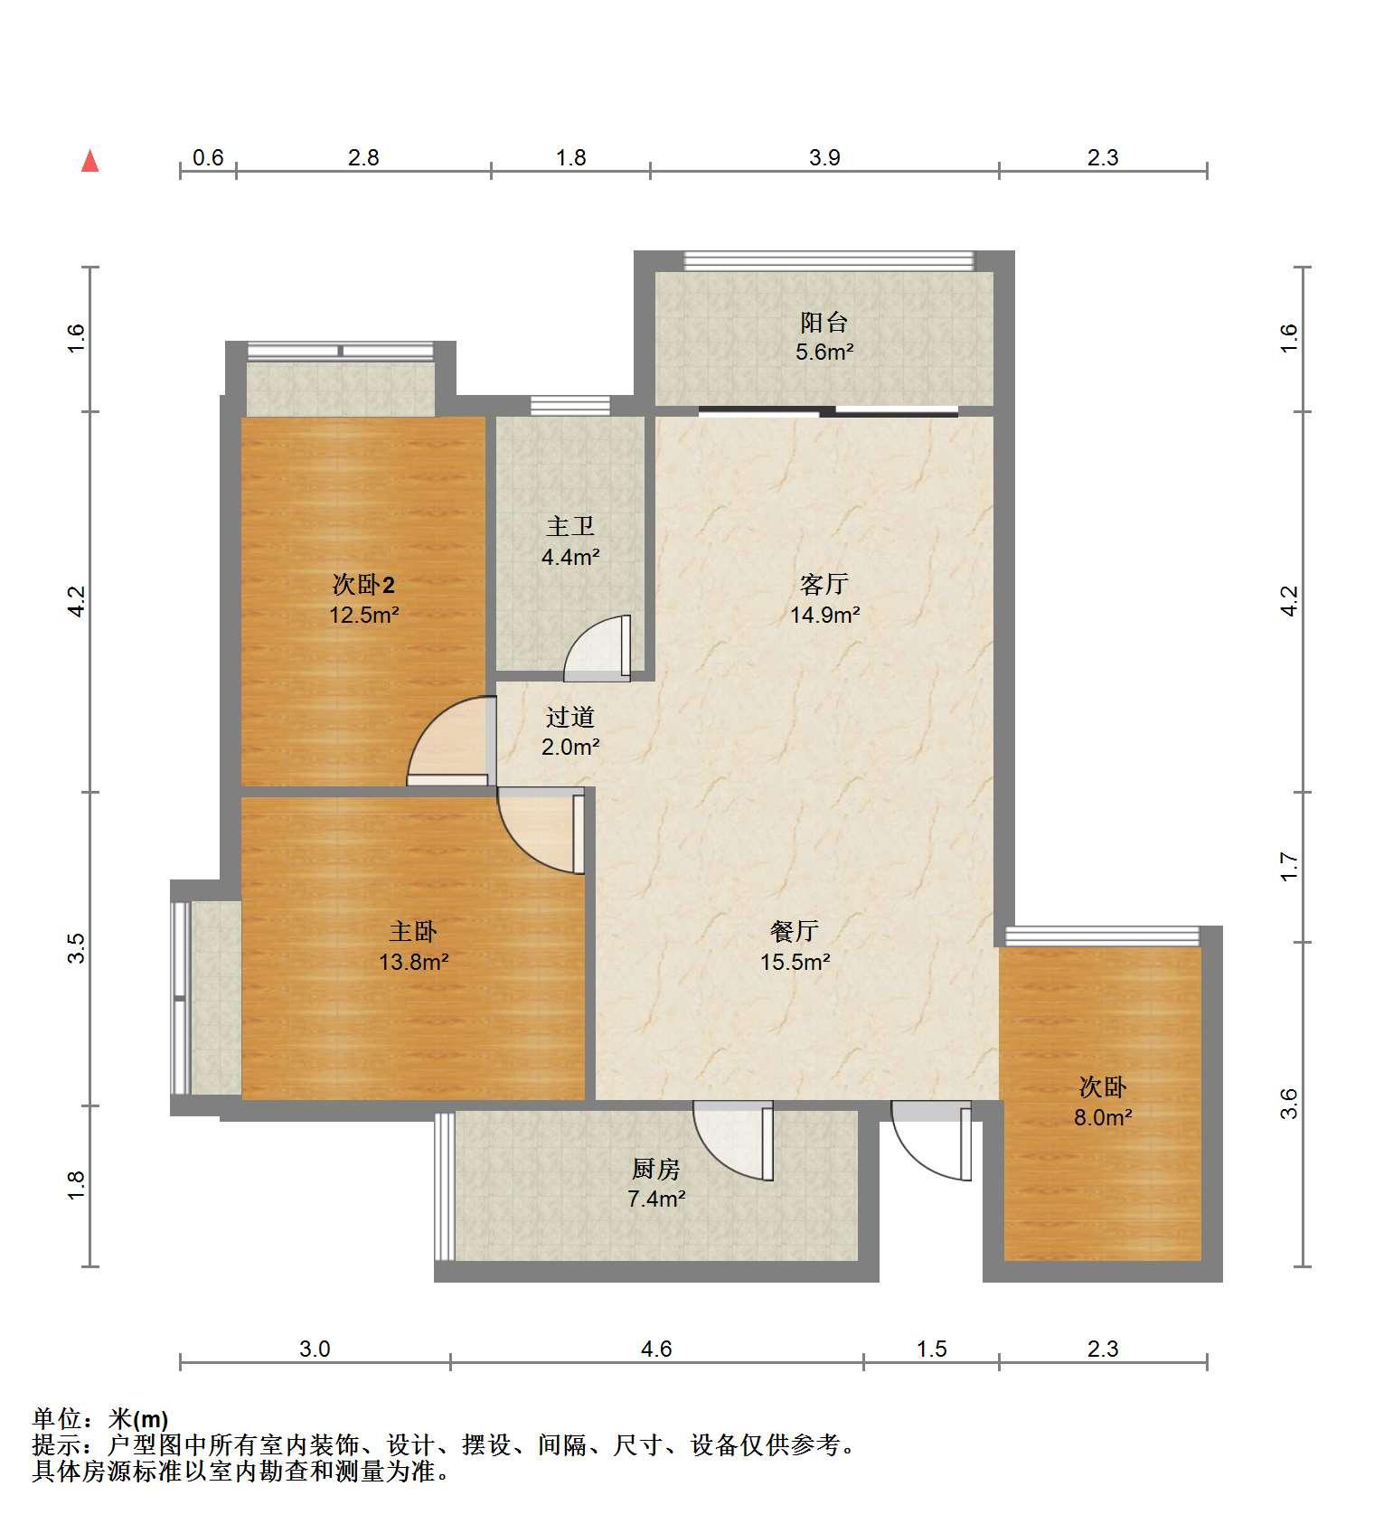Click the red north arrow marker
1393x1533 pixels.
89,161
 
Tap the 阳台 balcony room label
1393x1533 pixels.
824,322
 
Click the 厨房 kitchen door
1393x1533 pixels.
733,1140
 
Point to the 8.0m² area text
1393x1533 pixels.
1103,1117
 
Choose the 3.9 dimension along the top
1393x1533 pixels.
824,158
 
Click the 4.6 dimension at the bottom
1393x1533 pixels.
656,1350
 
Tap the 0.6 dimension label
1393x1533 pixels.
208,158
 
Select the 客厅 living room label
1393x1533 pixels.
824,584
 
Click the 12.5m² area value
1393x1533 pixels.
364,616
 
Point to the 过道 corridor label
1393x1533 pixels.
570,717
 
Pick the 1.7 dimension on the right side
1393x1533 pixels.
1289,866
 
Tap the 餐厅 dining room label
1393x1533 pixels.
795,931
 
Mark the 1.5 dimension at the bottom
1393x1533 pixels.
932,1350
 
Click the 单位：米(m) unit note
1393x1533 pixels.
100,1419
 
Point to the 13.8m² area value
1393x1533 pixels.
414,962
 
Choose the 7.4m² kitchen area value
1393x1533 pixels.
656,1199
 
